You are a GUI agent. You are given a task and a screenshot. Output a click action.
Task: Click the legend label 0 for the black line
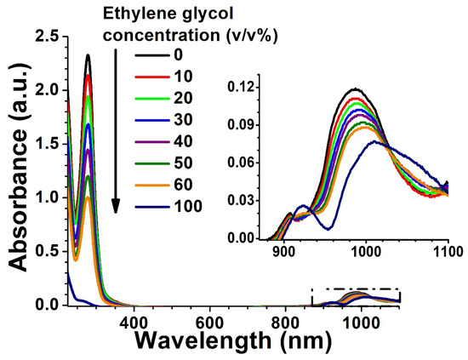click(x=201, y=54)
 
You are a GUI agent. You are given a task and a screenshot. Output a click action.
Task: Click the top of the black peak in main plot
click(x=88, y=55)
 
